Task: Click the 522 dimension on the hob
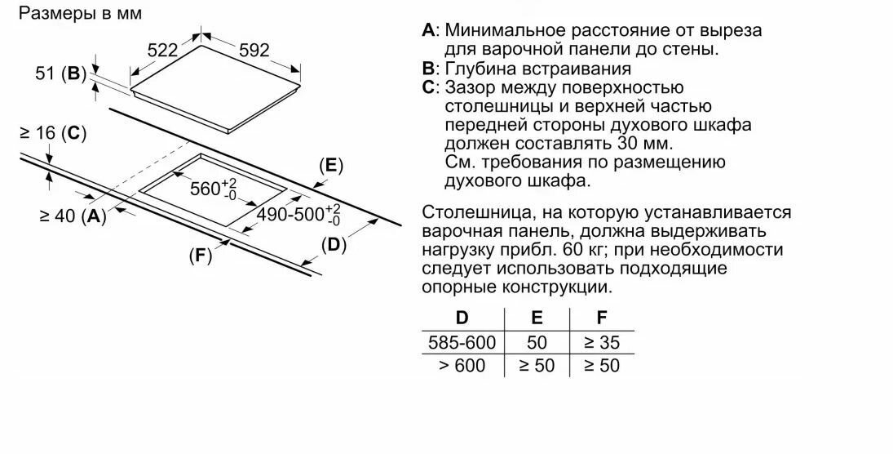point(162,50)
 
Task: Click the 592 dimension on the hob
point(254,50)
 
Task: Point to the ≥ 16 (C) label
point(52,133)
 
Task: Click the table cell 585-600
point(462,342)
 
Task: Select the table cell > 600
point(462,366)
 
